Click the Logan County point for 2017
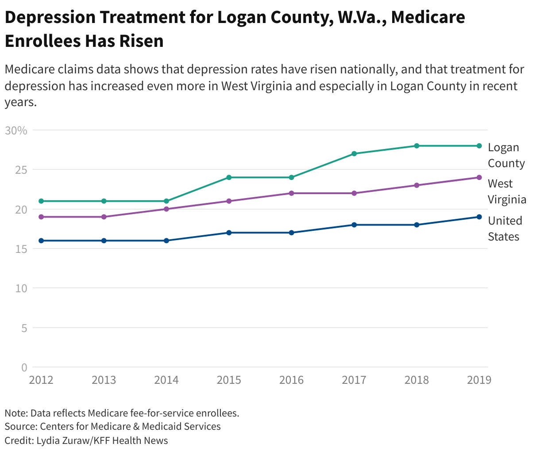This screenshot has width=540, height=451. [x=354, y=154]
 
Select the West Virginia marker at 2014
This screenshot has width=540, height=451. [x=166, y=209]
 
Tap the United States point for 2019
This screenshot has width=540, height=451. [x=479, y=217]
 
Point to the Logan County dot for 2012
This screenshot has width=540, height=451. [x=41, y=201]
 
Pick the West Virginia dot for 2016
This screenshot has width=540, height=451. [x=291, y=193]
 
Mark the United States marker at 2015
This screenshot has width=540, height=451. [x=229, y=233]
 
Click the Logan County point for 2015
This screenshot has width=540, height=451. [x=229, y=177]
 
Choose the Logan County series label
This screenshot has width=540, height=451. [x=506, y=155]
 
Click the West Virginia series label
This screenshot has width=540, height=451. [x=507, y=191]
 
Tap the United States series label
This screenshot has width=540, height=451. [x=505, y=229]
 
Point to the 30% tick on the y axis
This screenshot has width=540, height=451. [x=16, y=130]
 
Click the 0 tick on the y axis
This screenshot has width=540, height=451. [x=24, y=367]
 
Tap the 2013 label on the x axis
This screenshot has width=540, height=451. [x=104, y=380]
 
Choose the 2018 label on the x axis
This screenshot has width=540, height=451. [x=417, y=380]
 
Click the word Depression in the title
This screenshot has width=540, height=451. [x=50, y=18]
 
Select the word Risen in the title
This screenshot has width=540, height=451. [x=141, y=41]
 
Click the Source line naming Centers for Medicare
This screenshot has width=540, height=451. [x=112, y=427]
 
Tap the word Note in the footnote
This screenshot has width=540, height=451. [x=15, y=413]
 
